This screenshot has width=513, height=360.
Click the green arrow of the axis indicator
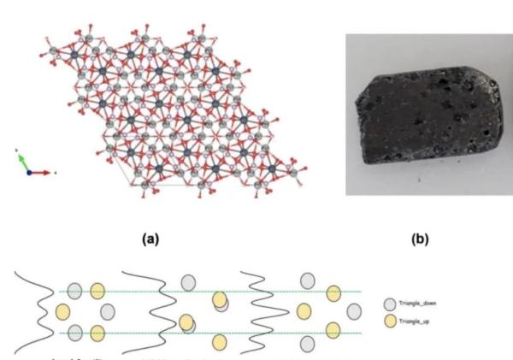(22, 161)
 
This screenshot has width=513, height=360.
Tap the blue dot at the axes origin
(29, 172)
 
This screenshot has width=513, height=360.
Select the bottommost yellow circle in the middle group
(220, 342)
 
